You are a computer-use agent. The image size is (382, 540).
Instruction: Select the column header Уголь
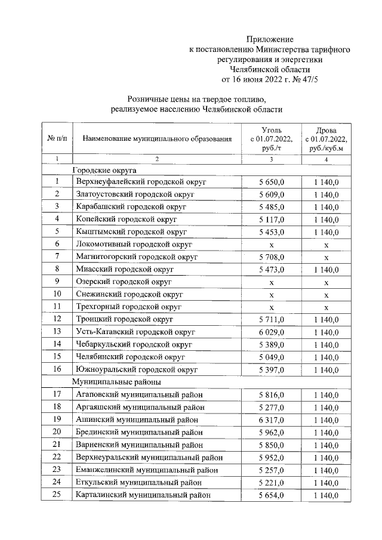(x=271, y=129)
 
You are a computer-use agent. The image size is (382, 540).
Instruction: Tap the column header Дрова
(x=325, y=129)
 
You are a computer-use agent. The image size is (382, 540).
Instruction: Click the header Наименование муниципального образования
(x=157, y=139)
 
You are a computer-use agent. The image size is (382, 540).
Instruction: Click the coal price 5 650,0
(x=271, y=182)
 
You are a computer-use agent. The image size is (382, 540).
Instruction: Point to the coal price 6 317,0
(x=271, y=419)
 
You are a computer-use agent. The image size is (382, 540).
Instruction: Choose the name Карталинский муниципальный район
(x=143, y=495)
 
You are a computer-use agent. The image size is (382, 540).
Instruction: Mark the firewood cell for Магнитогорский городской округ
(x=326, y=257)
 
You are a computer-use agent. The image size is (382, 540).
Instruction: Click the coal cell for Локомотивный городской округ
(x=271, y=244)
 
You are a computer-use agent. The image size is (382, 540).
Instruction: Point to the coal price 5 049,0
(x=271, y=357)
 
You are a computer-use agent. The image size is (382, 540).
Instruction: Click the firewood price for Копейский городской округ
(x=326, y=219)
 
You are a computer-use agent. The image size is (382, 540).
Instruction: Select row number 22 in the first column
(x=57, y=458)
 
